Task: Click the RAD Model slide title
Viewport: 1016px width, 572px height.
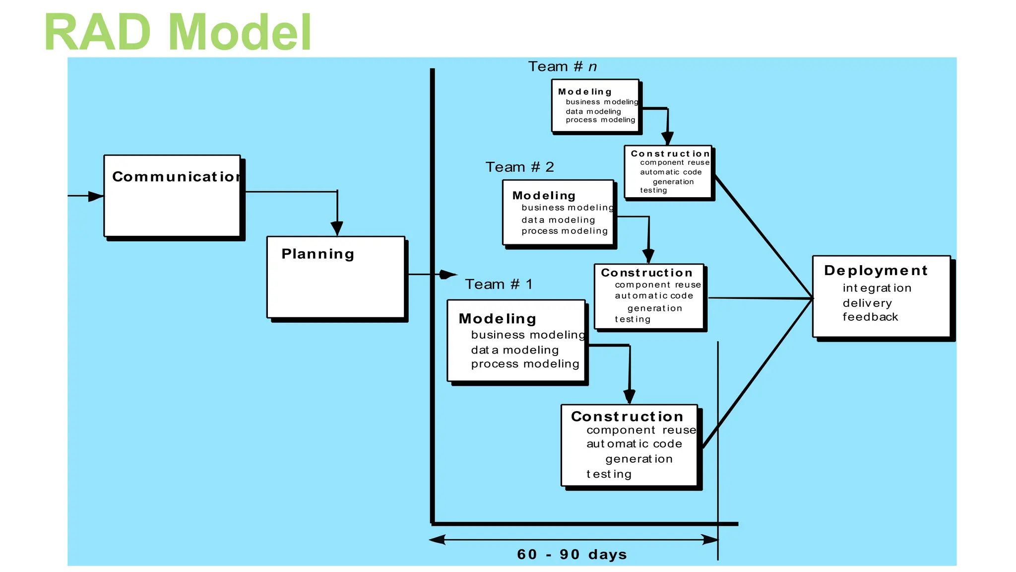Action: click(178, 33)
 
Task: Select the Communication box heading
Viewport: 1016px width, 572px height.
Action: click(176, 177)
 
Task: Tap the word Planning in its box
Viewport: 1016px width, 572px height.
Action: click(317, 254)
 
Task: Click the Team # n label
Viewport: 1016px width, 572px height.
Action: click(562, 67)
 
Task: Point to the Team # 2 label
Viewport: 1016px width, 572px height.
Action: click(519, 167)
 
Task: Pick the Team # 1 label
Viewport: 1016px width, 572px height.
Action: click(499, 285)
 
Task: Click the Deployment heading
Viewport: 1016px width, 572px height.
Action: click(876, 271)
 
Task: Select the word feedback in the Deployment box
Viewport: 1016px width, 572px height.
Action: click(870, 317)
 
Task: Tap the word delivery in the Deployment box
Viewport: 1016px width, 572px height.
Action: click(867, 303)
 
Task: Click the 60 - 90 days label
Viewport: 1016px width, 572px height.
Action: click(571, 555)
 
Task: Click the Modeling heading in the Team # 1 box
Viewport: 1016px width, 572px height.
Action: click(497, 319)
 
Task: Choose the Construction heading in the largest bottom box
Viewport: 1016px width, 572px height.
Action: click(627, 417)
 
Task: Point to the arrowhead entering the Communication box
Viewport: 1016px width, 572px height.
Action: click(96, 196)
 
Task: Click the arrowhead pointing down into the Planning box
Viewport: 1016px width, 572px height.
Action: click(337, 228)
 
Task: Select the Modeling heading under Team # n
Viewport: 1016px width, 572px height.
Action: click(584, 92)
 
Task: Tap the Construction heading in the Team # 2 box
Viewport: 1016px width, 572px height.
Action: click(646, 273)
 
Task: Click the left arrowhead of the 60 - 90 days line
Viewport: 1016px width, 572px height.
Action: click(437, 540)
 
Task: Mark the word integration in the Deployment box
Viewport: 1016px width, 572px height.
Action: click(877, 288)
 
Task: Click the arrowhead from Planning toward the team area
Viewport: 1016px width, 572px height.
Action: click(448, 275)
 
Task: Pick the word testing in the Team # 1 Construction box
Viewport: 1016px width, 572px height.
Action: click(609, 474)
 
